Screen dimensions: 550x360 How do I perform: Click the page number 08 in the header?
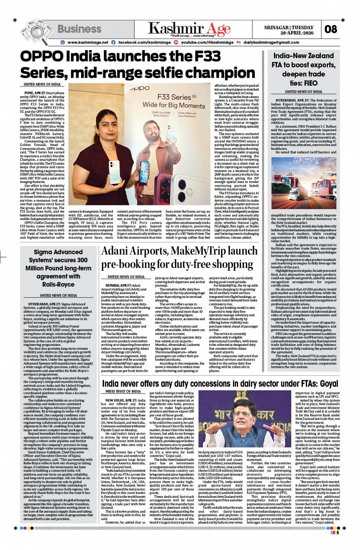(331, 30)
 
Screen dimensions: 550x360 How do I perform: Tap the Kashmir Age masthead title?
(189, 28)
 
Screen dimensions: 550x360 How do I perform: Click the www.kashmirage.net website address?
(88, 42)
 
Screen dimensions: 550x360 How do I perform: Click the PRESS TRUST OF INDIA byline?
(123, 225)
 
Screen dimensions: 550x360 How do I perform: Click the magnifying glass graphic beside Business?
(35, 31)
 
